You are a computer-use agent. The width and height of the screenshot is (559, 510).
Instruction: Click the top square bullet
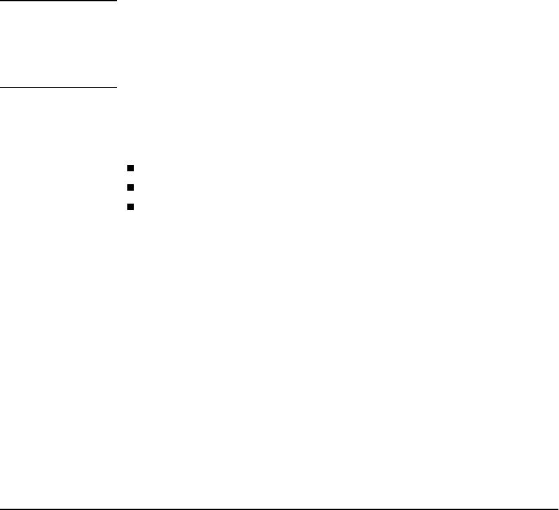(130, 169)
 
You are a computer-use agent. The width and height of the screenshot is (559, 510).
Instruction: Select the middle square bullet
(130, 188)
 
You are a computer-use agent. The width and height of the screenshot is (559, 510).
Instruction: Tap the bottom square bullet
(130, 207)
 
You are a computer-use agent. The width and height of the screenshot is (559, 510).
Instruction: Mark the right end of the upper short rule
(116, 1)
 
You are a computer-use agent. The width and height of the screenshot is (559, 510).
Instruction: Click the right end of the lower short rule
(116, 87)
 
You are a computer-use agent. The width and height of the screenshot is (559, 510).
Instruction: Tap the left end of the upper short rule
(1, 1)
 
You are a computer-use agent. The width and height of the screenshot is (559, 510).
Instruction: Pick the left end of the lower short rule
(1, 87)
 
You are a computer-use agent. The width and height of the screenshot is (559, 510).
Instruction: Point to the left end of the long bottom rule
(1, 508)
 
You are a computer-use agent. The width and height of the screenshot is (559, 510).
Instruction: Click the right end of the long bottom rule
(558, 508)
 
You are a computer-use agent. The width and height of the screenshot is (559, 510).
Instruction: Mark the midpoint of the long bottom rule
(279, 508)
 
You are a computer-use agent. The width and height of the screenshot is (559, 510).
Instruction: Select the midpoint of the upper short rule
(58, 1)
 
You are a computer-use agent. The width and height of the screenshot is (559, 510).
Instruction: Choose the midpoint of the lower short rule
(58, 87)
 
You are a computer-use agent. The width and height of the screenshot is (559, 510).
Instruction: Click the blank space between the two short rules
(58, 44)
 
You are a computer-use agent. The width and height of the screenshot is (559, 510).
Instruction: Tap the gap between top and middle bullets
(130, 178)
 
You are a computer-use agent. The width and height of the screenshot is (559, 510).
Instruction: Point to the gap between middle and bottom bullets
(130, 198)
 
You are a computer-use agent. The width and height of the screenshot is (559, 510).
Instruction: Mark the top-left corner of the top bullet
(127, 166)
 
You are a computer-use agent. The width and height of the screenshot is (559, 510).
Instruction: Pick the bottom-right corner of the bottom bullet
(132, 210)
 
